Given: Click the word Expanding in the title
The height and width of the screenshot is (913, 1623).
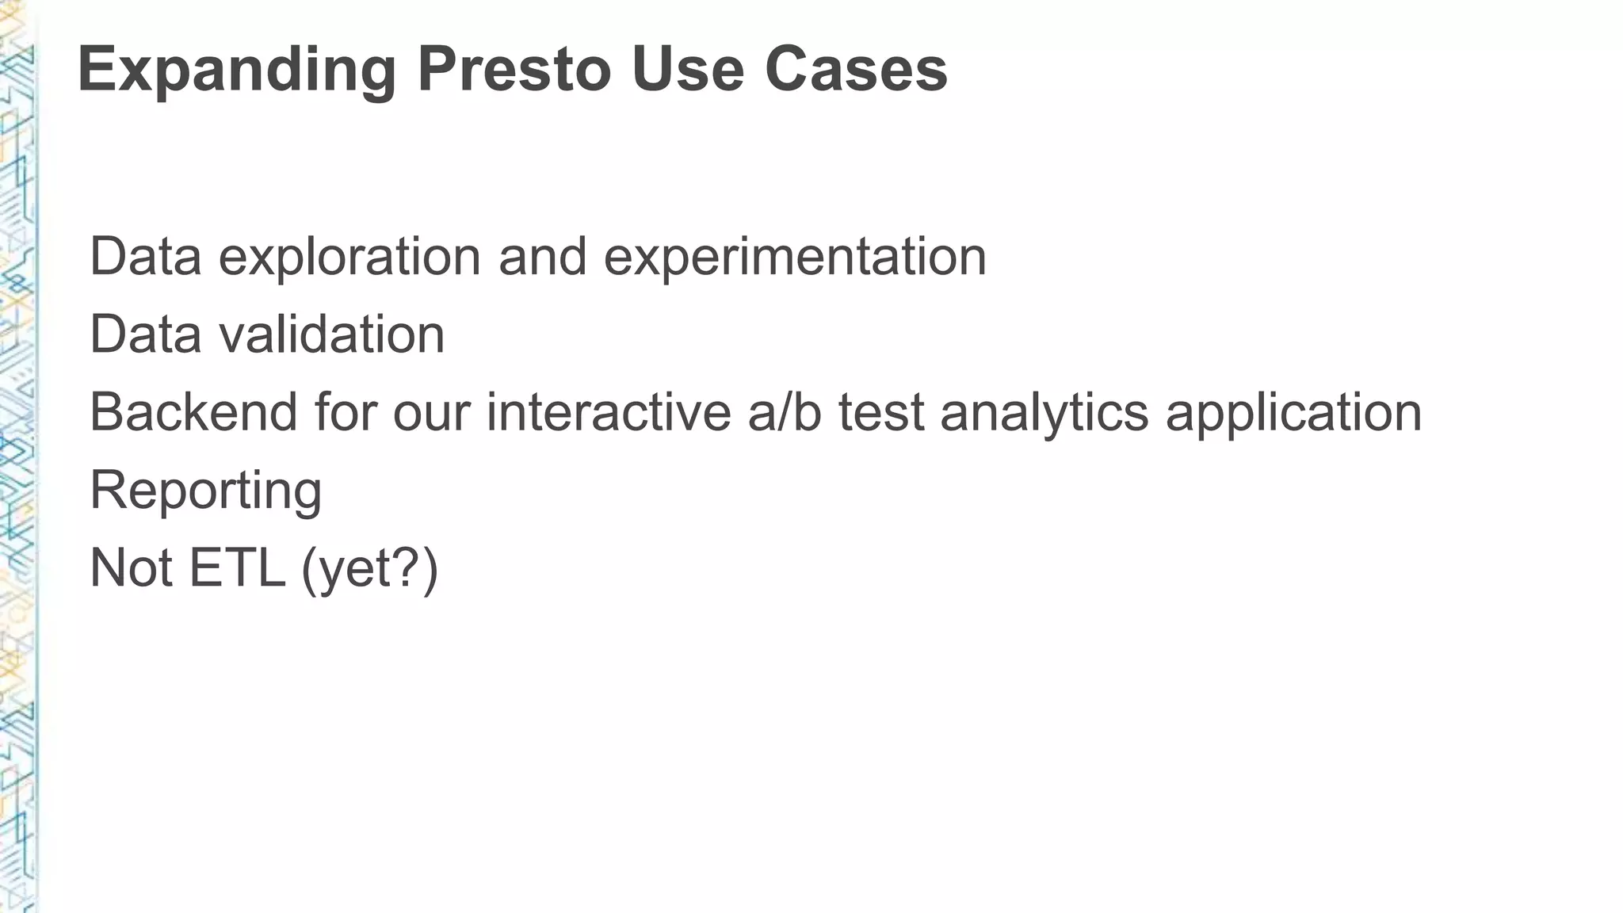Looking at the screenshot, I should click(237, 70).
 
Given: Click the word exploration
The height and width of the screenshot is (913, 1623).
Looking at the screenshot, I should click(349, 257).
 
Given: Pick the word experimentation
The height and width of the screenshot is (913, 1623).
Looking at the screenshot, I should click(795, 257).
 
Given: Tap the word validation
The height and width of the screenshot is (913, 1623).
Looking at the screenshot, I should click(332, 334).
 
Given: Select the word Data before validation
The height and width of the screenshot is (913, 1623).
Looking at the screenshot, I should click(146, 334).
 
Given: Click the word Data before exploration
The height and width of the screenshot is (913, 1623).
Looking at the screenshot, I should click(146, 257).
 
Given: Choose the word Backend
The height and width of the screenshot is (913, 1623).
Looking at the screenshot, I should click(193, 412).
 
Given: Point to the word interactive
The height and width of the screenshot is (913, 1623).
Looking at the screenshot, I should click(609, 412).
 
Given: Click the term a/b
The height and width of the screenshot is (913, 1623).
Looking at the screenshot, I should click(784, 412).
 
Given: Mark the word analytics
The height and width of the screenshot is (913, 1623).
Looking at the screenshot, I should click(1044, 412).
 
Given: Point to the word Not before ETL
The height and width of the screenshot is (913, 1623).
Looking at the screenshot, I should click(132, 567).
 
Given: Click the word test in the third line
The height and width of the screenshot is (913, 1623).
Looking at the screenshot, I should click(880, 412).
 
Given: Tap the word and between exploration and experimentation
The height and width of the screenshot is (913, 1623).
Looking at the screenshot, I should click(543, 257).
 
